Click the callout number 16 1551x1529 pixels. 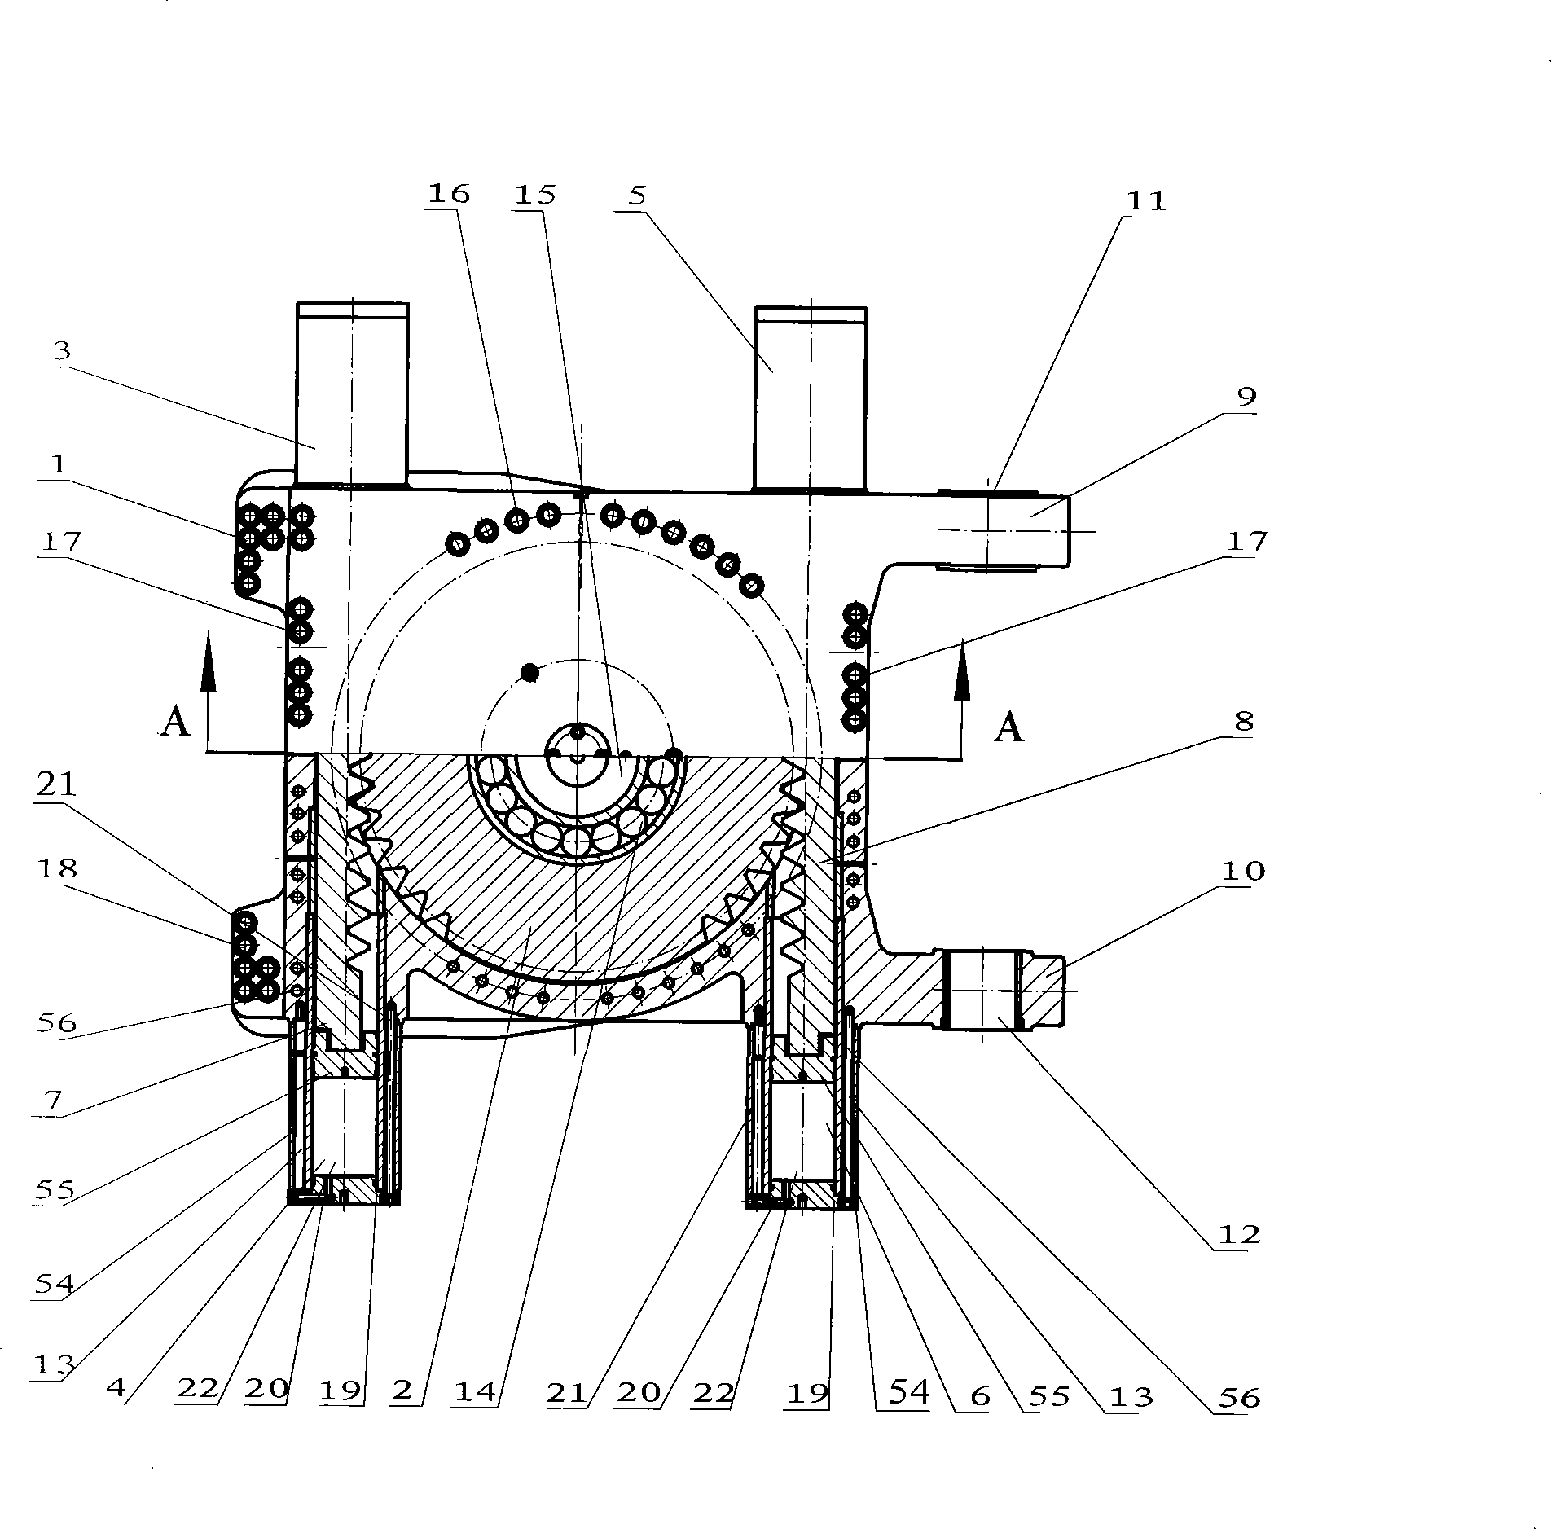tap(449, 194)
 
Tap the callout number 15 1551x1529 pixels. tap(535, 195)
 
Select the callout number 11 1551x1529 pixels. tap(1145, 200)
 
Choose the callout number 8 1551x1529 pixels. tap(1244, 721)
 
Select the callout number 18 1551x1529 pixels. tap(57, 868)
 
